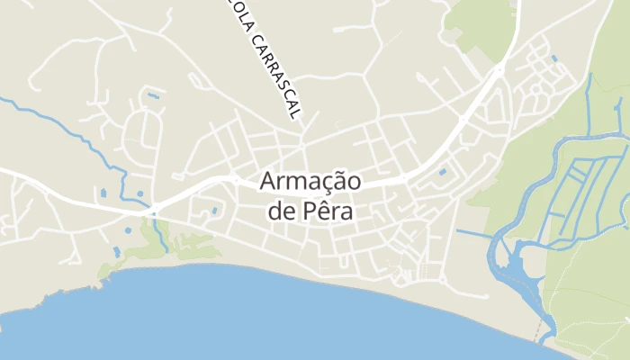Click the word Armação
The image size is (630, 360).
(x=310, y=181)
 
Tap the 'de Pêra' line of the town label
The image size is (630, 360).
(x=310, y=212)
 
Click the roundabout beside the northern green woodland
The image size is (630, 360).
(x=499, y=68)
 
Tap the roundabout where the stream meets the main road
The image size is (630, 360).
(x=154, y=212)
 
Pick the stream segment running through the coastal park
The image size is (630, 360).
(x=161, y=236)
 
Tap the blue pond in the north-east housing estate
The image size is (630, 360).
(x=553, y=58)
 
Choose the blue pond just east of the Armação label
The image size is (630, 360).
(x=442, y=171)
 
